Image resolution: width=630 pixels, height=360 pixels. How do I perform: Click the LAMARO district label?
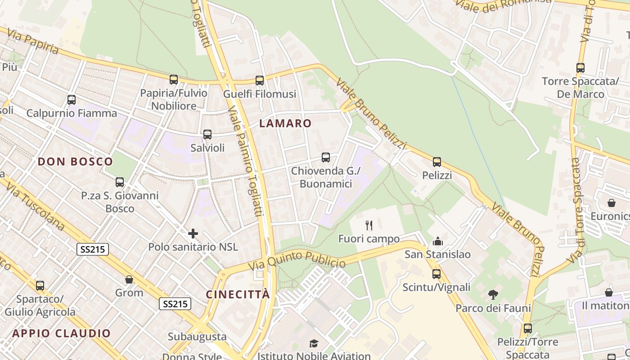coord(286,123)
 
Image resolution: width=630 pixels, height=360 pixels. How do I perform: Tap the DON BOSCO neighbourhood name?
coord(75,162)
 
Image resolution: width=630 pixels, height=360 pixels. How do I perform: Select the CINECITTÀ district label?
coord(238,294)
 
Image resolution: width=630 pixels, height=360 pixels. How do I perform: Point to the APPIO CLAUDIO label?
coord(61,333)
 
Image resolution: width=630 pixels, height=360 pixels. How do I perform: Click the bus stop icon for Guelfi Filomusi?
coord(260,81)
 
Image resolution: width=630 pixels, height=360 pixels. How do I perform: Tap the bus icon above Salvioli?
coord(207,134)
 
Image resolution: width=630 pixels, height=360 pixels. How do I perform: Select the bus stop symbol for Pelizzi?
coord(437,162)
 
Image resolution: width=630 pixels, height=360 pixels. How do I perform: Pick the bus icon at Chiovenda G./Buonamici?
coord(326,157)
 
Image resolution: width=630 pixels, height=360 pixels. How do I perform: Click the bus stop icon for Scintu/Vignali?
coord(436,274)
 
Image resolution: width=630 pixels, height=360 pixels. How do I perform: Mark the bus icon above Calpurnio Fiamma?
coord(72,100)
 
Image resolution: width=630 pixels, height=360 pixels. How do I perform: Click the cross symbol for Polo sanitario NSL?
coord(193,233)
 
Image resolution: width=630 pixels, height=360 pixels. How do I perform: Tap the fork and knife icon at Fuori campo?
coord(369,225)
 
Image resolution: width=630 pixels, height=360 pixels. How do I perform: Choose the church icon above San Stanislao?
coord(438,241)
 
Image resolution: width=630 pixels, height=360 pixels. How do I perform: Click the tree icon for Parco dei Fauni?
coord(493,295)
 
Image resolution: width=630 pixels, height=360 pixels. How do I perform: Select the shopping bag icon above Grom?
coord(129,279)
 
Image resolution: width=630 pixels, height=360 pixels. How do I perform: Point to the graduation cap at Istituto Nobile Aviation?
coord(314,343)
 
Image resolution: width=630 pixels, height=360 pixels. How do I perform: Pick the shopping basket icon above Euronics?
coord(612,203)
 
